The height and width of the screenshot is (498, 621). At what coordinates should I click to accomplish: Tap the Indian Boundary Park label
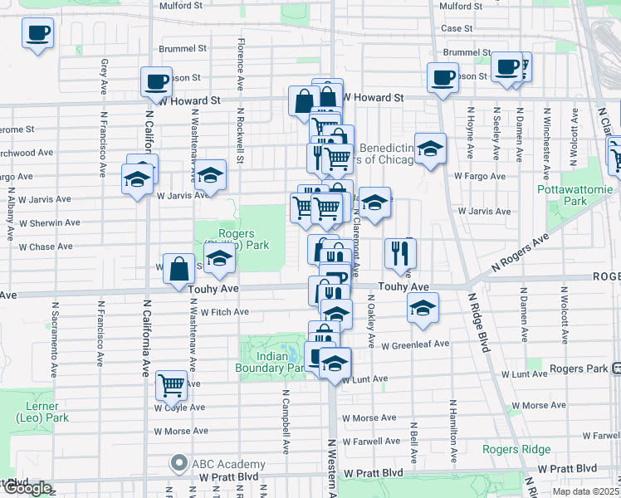pos(273,362)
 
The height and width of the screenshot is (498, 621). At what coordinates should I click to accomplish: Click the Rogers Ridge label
pos(516,450)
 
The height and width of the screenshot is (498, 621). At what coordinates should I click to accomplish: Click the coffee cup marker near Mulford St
pos(37,35)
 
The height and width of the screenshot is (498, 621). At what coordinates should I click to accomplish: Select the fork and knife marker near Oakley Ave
pos(399,253)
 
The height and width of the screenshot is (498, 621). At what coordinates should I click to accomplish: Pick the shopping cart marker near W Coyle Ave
pos(171,384)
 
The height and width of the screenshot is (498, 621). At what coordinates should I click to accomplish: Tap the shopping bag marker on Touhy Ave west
pos(179,268)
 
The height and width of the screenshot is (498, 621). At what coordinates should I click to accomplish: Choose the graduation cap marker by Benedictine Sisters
pos(429,149)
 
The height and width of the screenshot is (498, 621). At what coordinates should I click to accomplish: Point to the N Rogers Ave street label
pos(520,251)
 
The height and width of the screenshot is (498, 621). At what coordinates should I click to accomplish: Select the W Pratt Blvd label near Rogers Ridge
pos(568,470)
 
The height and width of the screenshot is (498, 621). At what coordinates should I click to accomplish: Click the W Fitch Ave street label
pos(224,312)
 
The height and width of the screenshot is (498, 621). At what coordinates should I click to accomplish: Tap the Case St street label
pos(457,28)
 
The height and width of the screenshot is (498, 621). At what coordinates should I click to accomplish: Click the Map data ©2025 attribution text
pos(586,491)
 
